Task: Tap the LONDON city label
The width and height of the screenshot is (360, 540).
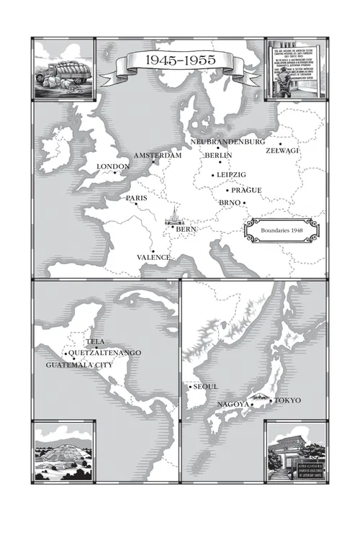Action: [x=112, y=166]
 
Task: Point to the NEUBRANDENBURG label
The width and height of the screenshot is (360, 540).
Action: [x=228, y=143]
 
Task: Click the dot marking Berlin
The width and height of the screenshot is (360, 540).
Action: [x=218, y=148]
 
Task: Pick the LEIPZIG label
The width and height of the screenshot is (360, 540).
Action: [x=231, y=175]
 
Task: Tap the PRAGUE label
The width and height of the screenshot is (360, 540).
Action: [x=246, y=190]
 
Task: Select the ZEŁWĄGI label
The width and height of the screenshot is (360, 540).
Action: [x=282, y=150]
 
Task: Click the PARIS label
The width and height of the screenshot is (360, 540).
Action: [x=136, y=198]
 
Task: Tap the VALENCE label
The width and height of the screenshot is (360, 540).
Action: [x=154, y=257]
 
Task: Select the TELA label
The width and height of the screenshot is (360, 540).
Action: [x=96, y=341]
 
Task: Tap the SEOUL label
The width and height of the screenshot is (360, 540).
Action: [x=206, y=387]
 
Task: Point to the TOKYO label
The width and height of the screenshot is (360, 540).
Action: [x=287, y=400]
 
